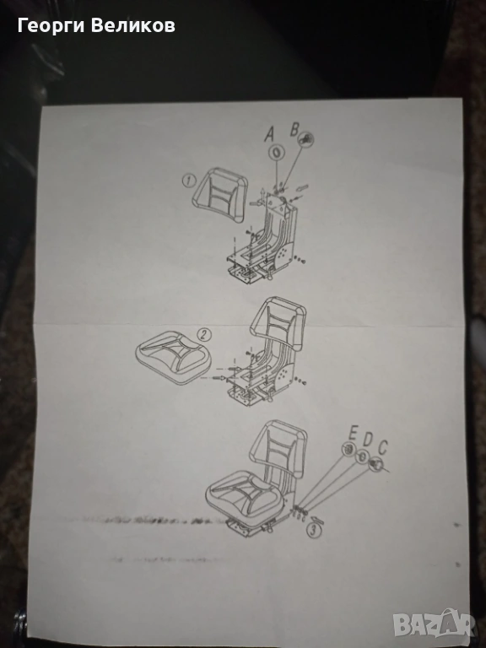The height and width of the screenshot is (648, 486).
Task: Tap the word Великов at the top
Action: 133,25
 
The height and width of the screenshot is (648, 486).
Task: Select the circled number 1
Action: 189,181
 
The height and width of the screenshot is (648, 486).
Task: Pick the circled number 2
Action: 203,334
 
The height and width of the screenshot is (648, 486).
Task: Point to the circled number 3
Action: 314,530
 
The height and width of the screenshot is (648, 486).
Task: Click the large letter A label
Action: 269,133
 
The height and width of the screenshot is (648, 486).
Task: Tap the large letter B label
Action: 294,129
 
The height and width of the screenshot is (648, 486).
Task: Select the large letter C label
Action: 383,447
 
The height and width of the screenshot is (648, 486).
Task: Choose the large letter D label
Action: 367,439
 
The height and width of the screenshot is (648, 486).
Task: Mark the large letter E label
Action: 353,433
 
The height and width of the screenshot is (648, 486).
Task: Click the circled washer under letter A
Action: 277,152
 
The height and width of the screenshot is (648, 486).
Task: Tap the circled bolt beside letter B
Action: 306,139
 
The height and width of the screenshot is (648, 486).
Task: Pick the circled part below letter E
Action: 348,448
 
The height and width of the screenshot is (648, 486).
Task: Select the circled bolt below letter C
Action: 376,463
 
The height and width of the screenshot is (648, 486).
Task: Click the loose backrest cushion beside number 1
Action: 219,194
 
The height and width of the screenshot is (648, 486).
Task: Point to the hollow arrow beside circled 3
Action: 317,519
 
